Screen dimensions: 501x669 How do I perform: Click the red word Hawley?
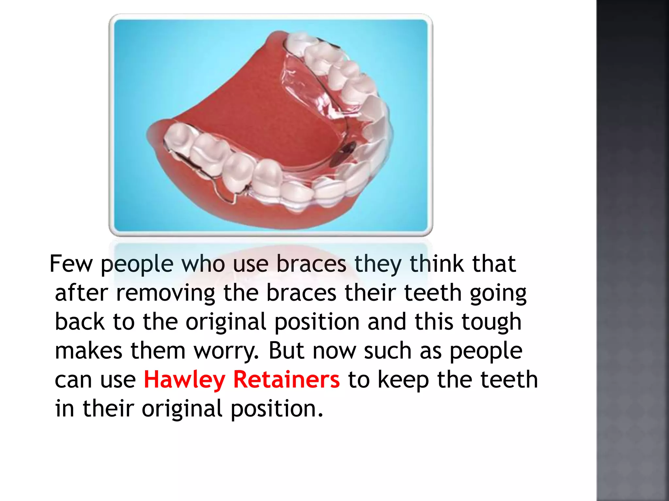184,380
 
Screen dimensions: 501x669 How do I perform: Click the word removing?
166,293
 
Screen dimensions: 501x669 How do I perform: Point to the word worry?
226,351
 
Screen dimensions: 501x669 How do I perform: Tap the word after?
81,293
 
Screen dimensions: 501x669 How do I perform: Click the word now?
334,351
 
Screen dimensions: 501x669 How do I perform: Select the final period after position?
320,415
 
